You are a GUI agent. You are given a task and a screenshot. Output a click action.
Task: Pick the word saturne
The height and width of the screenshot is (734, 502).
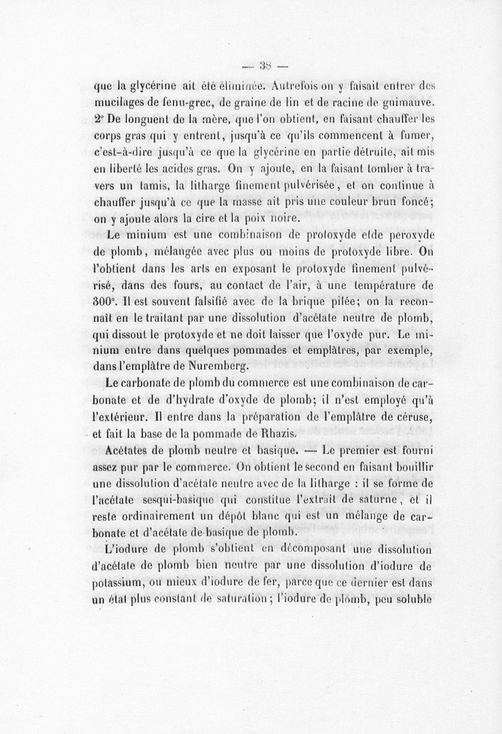(367, 500)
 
